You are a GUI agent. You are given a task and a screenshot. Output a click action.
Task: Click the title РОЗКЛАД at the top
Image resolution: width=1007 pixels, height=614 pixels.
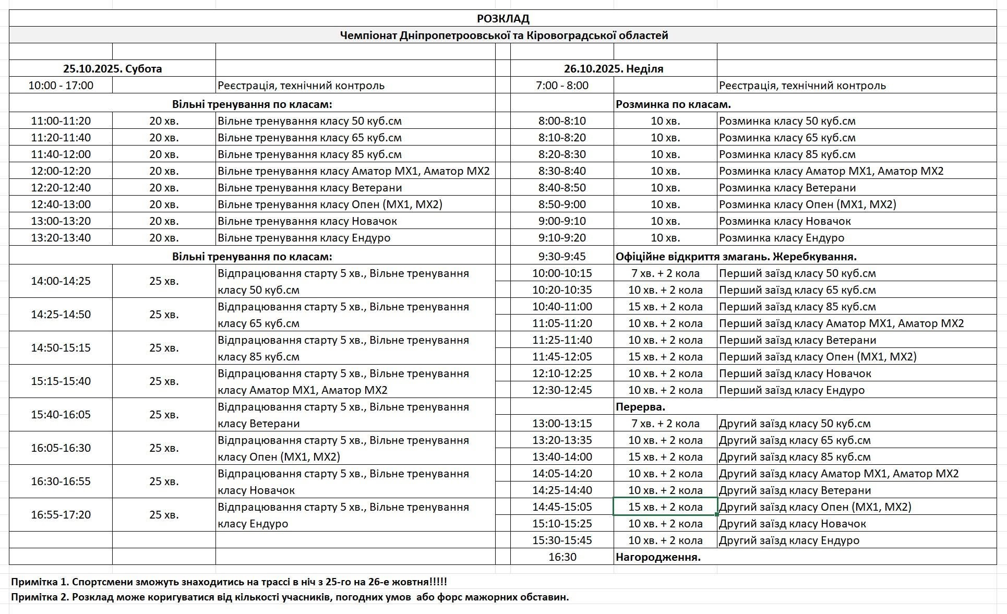(x=503, y=19)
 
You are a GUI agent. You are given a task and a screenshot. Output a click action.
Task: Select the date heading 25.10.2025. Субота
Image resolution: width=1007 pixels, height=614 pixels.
(x=112, y=69)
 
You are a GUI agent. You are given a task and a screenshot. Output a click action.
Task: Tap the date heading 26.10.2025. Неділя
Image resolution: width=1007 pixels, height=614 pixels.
(x=613, y=69)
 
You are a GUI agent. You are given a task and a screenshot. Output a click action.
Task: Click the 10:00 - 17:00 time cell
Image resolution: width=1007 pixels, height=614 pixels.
(x=61, y=86)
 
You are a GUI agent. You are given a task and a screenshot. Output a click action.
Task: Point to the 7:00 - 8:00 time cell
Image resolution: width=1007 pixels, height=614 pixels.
(x=562, y=86)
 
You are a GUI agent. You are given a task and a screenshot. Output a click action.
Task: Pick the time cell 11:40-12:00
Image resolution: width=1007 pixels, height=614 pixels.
(x=61, y=154)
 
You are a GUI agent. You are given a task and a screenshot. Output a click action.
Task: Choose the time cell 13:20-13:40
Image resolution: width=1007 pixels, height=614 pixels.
(x=61, y=238)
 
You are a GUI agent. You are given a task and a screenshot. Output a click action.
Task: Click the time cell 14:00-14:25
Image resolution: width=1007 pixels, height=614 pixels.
(x=61, y=281)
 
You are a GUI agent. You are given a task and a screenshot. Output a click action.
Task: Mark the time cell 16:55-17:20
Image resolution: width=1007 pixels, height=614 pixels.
(x=61, y=515)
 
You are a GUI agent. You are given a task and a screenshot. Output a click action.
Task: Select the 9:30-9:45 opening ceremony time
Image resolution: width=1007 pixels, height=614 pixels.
(x=562, y=257)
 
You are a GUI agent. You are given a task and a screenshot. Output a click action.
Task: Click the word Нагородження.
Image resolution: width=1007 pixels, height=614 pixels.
(x=657, y=557)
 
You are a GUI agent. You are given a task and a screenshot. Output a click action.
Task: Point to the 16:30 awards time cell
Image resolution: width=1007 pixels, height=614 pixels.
(x=562, y=557)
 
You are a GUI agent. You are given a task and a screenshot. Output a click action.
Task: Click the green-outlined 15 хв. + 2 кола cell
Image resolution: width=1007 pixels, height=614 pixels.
(x=665, y=507)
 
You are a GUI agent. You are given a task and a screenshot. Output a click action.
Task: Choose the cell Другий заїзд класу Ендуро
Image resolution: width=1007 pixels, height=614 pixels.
(x=789, y=540)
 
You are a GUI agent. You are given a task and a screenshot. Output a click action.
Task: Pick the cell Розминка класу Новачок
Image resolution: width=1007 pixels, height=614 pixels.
(x=785, y=221)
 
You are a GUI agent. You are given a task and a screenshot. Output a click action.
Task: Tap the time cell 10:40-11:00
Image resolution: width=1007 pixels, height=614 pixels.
(x=562, y=307)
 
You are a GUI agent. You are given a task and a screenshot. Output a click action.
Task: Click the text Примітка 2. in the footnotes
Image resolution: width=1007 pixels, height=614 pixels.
(x=40, y=597)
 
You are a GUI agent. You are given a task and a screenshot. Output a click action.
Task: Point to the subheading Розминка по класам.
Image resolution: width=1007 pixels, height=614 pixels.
(x=673, y=104)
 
